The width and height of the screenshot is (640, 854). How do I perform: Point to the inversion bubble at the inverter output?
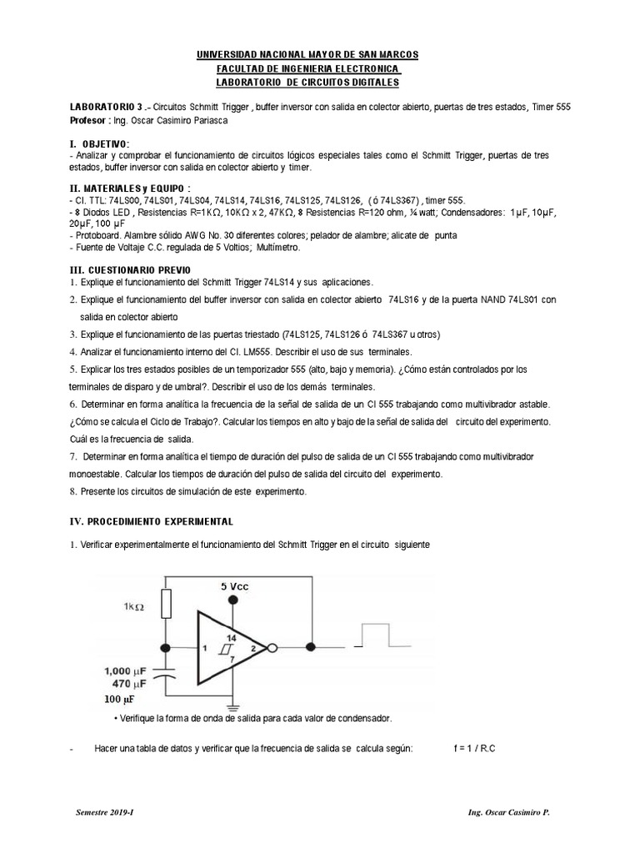tap(270, 647)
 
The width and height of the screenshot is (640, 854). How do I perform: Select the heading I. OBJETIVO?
tap(99, 143)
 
